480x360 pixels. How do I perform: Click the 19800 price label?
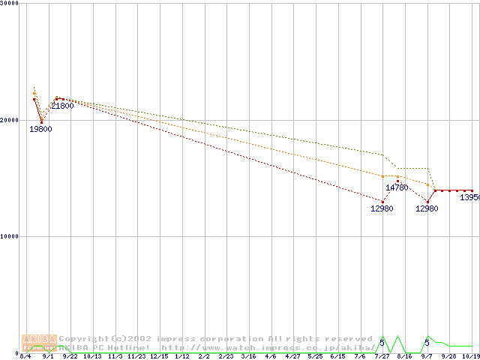click(x=40, y=129)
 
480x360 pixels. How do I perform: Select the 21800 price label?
click(x=62, y=106)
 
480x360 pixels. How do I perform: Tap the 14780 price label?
click(x=397, y=187)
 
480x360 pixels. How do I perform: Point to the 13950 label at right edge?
click(x=469, y=197)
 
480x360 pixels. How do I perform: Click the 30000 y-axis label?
click(x=10, y=3)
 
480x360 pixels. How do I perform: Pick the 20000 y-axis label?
click(x=10, y=119)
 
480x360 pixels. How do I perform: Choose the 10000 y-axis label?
click(x=10, y=235)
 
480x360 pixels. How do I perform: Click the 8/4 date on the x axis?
click(x=25, y=356)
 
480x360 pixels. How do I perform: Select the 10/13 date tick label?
click(x=92, y=356)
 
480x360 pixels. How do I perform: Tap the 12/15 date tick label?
click(x=159, y=356)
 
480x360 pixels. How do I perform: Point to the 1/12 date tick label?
click(x=181, y=356)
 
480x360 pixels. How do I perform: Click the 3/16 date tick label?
click(x=248, y=356)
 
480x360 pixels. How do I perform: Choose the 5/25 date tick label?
click(x=315, y=356)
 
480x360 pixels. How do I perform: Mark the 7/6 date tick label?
click(x=360, y=356)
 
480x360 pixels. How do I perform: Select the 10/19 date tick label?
click(x=470, y=356)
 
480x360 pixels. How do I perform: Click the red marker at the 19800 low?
click(x=41, y=121)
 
